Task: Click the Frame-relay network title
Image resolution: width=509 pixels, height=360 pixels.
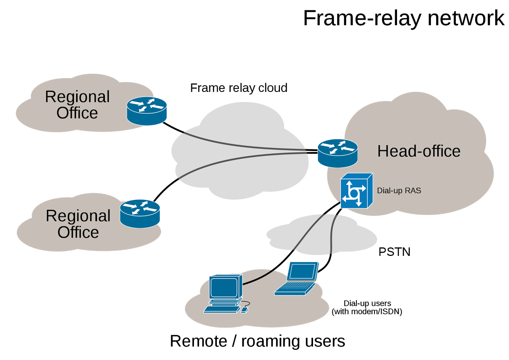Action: pyautogui.click(x=404, y=18)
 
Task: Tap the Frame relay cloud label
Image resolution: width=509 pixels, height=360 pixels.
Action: pyautogui.click(x=239, y=88)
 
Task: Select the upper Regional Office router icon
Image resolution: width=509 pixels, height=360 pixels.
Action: pyautogui.click(x=147, y=111)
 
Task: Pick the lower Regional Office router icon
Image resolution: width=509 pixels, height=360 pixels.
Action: pyautogui.click(x=140, y=214)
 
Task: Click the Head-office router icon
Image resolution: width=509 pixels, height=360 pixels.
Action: pyautogui.click(x=337, y=153)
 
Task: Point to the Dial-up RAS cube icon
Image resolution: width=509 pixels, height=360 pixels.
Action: pyautogui.click(x=357, y=191)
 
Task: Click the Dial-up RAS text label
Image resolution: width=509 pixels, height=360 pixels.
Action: pyautogui.click(x=399, y=191)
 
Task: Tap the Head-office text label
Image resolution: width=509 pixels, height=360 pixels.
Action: pyautogui.click(x=419, y=151)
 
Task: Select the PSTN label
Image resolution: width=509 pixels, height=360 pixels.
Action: pyautogui.click(x=395, y=252)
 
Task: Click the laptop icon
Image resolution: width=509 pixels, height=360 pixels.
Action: pyautogui.click(x=296, y=279)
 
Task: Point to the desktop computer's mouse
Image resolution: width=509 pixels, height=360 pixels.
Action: pyautogui.click(x=244, y=310)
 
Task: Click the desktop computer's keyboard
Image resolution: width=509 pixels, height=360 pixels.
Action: pyautogui.click(x=222, y=310)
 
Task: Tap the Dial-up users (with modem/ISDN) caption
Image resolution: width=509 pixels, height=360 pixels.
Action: pyautogui.click(x=367, y=308)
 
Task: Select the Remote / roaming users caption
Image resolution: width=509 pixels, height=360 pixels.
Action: pyautogui.click(x=257, y=341)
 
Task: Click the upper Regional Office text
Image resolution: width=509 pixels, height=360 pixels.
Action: pyautogui.click(x=77, y=105)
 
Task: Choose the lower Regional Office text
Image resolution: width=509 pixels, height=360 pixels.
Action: pyautogui.click(x=78, y=224)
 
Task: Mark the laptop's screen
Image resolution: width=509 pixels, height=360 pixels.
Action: pyautogui.click(x=302, y=271)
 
